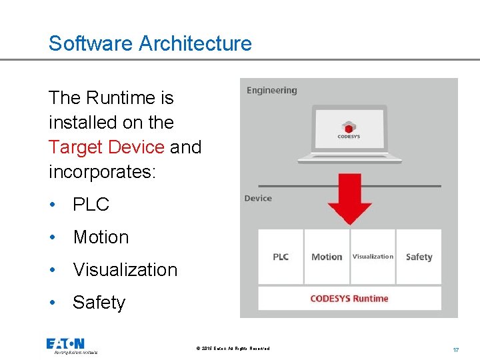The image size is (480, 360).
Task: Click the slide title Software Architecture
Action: (150, 43)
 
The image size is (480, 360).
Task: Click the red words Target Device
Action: (106, 147)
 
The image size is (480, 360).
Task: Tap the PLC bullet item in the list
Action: (91, 205)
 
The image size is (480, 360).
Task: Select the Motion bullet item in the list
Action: (101, 237)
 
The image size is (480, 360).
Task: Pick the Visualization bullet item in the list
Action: (125, 270)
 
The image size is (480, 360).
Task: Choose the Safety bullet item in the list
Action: (99, 303)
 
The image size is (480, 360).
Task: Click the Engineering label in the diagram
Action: (271, 91)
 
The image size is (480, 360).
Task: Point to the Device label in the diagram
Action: (258, 198)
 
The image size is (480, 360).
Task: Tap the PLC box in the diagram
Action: (281, 257)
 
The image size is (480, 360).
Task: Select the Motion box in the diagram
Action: (327, 257)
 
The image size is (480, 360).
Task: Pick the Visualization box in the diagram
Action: (373, 257)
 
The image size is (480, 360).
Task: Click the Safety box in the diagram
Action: (419, 257)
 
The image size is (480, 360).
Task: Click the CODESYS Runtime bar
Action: (349, 298)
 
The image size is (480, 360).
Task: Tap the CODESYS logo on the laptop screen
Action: (349, 129)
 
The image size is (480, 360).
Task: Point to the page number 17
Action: (456, 349)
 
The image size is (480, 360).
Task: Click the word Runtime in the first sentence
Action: (120, 98)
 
